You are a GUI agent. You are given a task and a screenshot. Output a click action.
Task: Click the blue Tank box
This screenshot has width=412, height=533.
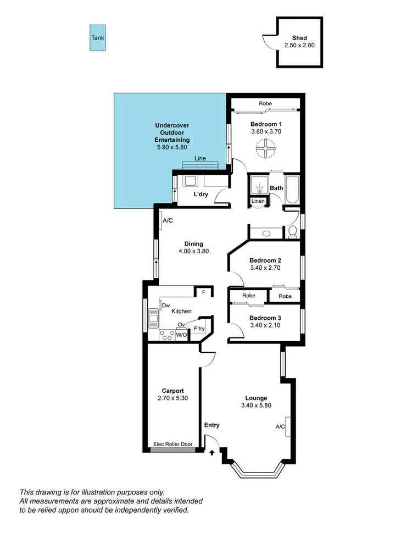click(x=97, y=38)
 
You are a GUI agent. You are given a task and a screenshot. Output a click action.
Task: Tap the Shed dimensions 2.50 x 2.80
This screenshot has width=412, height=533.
click(x=299, y=46)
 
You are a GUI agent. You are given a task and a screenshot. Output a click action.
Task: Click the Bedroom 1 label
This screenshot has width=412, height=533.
click(x=266, y=124)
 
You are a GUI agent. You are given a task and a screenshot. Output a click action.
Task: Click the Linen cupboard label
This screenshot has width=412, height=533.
click(x=258, y=201)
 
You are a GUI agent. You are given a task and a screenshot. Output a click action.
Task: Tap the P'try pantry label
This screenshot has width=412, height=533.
click(x=199, y=329)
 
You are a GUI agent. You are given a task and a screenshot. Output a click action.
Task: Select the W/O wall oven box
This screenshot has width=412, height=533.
click(x=181, y=334)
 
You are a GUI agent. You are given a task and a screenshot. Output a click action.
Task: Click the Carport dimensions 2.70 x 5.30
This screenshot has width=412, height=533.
click(x=173, y=399)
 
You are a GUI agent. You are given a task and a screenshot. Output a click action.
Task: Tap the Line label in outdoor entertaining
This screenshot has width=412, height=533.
click(x=201, y=159)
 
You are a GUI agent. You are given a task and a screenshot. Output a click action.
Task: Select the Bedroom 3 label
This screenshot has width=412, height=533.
click(x=265, y=318)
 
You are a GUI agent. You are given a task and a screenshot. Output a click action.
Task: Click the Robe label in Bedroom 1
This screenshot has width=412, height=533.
click(x=265, y=103)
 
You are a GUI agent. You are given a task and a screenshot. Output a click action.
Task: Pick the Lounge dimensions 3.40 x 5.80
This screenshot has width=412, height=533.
click(x=256, y=406)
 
